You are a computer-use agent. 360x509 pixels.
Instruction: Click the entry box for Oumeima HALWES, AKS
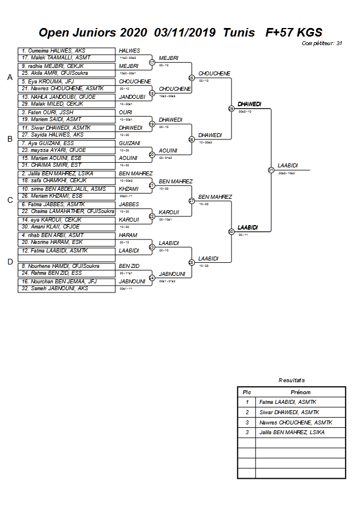(x=66, y=51)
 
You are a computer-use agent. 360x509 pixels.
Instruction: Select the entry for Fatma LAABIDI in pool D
(x=66, y=251)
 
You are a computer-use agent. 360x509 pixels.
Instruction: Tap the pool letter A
(x=9, y=78)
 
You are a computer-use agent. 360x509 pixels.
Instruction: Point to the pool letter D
(x=9, y=262)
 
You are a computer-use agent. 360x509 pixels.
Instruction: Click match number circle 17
(x=152, y=62)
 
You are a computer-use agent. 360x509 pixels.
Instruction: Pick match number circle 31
(x=271, y=170)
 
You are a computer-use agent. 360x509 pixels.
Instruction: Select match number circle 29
(x=231, y=108)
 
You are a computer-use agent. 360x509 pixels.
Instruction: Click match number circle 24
(x=152, y=278)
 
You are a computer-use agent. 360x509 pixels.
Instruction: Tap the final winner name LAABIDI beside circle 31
(x=288, y=165)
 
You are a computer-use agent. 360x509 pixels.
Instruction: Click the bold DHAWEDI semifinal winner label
(x=249, y=104)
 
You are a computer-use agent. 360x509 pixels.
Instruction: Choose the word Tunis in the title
(x=239, y=33)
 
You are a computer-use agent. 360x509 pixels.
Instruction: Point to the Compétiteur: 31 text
(x=322, y=43)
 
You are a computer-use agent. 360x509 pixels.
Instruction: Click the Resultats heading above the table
(x=291, y=380)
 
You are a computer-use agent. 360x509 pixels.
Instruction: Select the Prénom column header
(x=300, y=392)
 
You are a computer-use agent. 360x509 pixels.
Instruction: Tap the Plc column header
(x=247, y=392)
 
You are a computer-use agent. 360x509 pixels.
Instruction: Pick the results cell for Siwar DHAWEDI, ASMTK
(x=300, y=412)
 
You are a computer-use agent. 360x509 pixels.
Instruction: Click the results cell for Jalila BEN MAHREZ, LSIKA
(x=300, y=432)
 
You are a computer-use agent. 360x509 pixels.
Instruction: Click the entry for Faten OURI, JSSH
(x=66, y=113)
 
